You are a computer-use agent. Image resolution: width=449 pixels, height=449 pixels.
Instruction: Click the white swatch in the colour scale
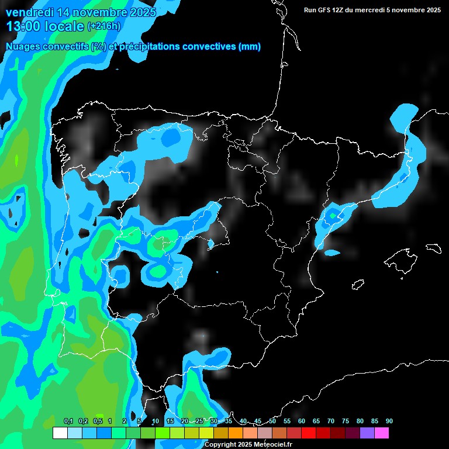click(60, 433)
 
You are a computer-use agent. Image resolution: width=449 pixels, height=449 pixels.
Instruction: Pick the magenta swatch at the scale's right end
click(381, 433)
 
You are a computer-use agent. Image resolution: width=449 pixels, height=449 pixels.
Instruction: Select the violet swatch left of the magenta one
click(367, 433)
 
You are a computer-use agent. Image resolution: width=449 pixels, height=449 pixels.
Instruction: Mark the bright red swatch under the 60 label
click(308, 433)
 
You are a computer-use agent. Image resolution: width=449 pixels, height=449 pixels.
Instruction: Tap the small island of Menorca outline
click(434, 248)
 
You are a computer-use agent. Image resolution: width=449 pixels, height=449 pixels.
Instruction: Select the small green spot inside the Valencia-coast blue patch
click(333, 216)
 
